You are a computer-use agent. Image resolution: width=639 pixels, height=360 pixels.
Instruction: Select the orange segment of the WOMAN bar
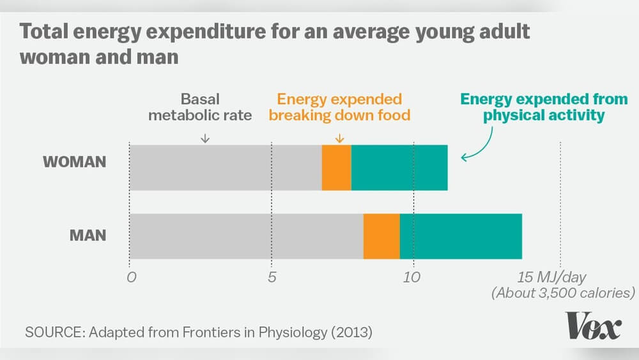[336, 168]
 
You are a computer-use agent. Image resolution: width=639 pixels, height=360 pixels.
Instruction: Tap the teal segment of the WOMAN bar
[399, 168]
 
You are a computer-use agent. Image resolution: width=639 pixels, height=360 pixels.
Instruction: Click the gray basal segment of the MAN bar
[246, 236]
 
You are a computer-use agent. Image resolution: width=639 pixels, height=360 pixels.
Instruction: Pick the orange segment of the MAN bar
[381, 236]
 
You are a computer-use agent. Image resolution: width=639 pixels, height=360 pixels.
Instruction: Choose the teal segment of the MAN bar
[461, 236]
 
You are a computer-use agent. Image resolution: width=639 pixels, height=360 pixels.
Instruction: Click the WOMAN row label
[74, 162]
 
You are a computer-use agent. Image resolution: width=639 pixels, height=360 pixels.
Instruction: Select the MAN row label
[88, 235]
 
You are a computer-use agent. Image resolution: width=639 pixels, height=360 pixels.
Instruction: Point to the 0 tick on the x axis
[132, 278]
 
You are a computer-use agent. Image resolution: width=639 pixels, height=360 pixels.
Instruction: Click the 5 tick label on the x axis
[272, 278]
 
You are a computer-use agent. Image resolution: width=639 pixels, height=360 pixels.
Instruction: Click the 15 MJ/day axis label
[551, 278]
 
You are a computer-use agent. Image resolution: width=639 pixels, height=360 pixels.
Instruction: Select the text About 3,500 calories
[562, 293]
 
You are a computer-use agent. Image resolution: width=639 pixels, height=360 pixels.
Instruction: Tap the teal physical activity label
[544, 107]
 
